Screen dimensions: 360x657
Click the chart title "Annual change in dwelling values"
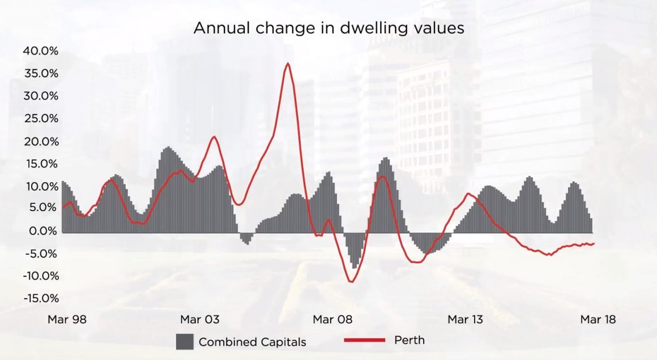(x=328, y=28)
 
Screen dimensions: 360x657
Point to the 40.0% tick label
(x=41, y=51)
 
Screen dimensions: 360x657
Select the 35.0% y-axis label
(x=41, y=74)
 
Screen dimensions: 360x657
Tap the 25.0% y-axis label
(x=41, y=119)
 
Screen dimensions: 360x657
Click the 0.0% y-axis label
(x=43, y=231)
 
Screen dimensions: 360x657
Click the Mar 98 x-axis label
(x=67, y=320)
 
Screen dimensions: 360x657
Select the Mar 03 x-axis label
(x=199, y=320)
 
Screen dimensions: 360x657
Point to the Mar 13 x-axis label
(x=465, y=320)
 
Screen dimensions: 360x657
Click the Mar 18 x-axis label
(x=598, y=320)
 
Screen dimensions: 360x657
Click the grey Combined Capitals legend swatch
(x=185, y=341)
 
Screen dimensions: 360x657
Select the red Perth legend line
(x=365, y=340)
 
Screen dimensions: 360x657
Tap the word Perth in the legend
(x=409, y=340)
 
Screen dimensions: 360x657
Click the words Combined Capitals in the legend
(x=252, y=342)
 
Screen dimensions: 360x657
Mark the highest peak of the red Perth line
(x=288, y=63)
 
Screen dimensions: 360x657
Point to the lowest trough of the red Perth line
(x=351, y=281)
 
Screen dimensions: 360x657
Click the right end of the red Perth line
(x=594, y=243)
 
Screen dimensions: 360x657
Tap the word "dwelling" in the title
(x=369, y=28)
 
